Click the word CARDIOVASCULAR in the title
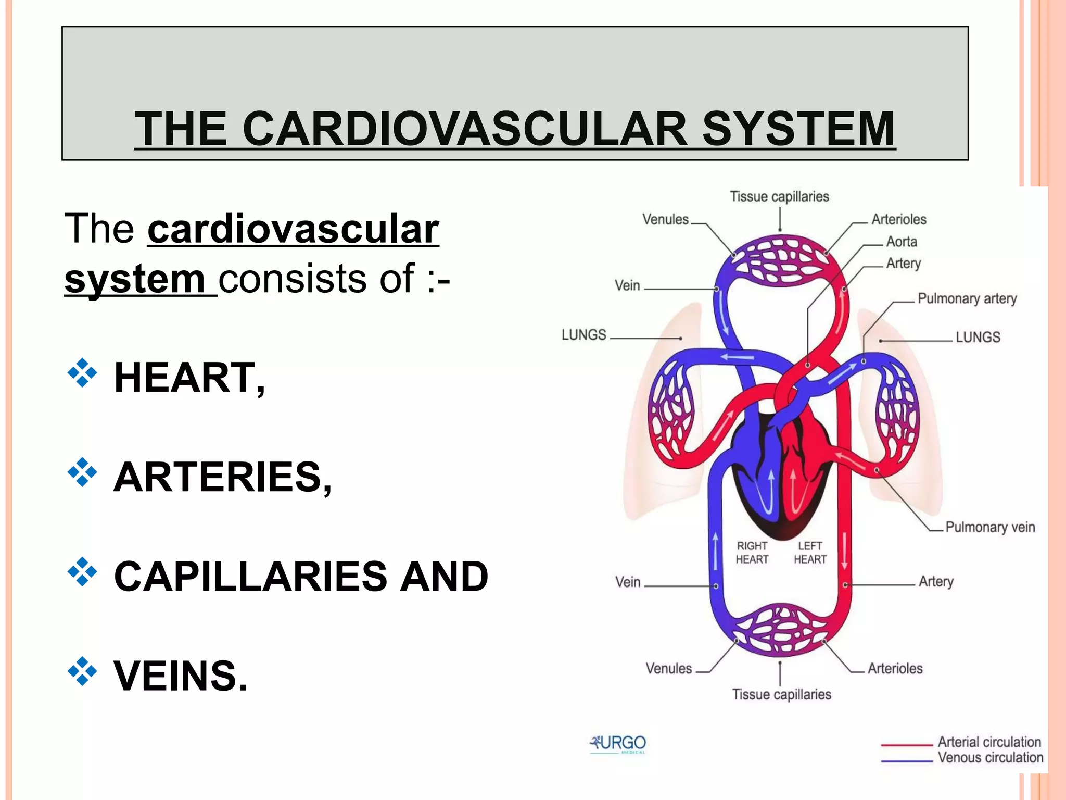(x=465, y=129)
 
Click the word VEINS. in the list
(x=180, y=676)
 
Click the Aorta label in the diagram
(x=902, y=242)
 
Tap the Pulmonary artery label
(x=967, y=298)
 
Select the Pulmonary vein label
(x=989, y=527)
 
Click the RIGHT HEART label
(x=752, y=553)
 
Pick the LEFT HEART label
(x=810, y=553)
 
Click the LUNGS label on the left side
(x=583, y=334)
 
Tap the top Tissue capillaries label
(x=779, y=196)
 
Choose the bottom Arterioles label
(x=895, y=668)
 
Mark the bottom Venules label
(x=669, y=668)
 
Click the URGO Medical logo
(x=618, y=744)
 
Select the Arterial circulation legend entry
(x=989, y=742)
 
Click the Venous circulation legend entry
(x=990, y=757)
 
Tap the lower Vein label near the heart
(x=628, y=582)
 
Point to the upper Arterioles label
(x=899, y=219)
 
